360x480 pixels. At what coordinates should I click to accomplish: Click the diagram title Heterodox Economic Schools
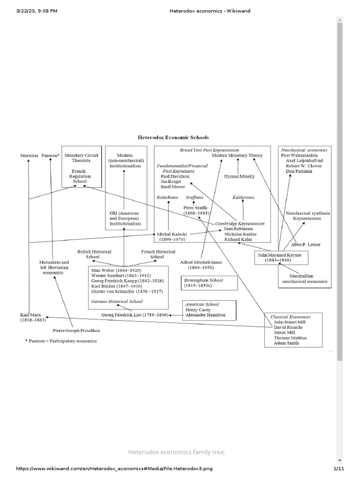173,138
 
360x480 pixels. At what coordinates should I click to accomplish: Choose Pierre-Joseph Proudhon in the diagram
76,330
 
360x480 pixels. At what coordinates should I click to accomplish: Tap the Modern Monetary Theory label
237,155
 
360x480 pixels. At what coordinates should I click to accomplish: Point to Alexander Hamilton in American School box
205,315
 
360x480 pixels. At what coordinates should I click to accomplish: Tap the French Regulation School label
78,176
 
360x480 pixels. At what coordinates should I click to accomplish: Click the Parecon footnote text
61,341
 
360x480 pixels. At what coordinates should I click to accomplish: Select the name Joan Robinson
238,229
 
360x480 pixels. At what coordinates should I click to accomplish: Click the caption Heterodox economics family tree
177,452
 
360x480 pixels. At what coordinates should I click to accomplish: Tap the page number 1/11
338,469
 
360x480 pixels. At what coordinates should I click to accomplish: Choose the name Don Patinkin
300,172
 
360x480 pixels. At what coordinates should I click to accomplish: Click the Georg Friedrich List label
135,315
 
